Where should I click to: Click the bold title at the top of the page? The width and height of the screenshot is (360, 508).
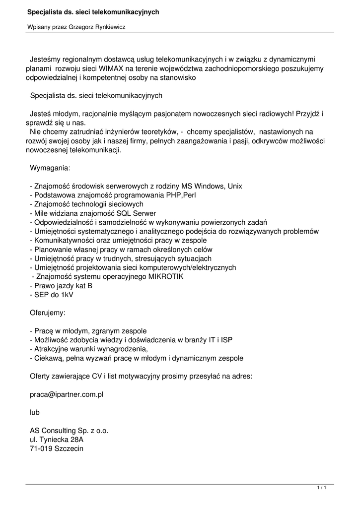coord(93,11)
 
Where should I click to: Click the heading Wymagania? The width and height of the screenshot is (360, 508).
coord(50,168)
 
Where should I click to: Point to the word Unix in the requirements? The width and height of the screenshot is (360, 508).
coord(234,186)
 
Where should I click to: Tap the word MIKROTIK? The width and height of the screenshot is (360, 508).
coord(162,276)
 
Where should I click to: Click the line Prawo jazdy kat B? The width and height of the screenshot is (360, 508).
coord(61,286)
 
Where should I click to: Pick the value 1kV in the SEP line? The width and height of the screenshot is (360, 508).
coord(67,295)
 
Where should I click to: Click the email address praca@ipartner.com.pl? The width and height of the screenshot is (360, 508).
coord(67,394)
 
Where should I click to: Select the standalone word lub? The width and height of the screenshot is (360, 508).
coord(35,412)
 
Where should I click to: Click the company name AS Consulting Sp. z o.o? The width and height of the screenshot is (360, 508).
coord(69,431)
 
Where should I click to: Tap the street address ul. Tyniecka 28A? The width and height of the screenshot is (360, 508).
coord(57,440)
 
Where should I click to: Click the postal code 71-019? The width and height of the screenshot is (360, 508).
coord(42,449)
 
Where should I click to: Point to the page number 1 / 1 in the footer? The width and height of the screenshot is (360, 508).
coord(322,489)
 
